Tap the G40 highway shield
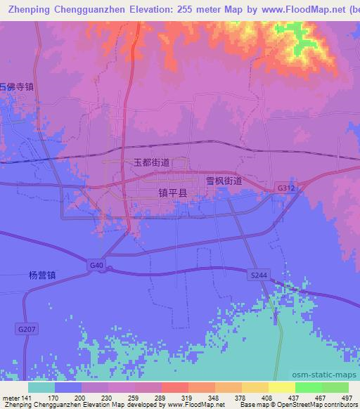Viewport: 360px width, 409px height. point(96,265)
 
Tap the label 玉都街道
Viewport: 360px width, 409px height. point(152,162)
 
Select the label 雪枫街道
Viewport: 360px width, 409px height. point(224,181)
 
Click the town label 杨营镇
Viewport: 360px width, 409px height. point(42,275)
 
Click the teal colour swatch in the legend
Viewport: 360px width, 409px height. point(41,387)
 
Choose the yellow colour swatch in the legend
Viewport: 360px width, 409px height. point(282,387)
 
